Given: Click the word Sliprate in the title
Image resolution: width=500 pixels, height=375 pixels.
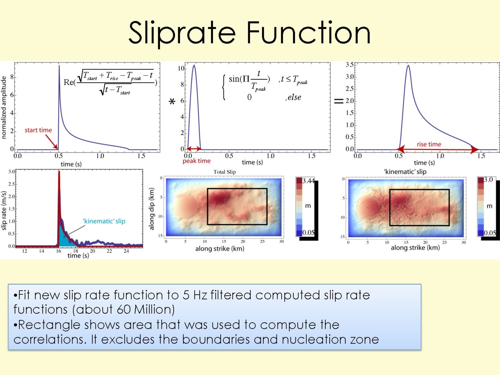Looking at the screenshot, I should (182, 33).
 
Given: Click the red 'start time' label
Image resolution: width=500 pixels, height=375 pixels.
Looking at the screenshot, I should (38, 130).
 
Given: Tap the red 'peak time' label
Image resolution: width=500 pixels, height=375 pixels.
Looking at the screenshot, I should (197, 161).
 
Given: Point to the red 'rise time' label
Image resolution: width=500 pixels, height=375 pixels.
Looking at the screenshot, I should (429, 144).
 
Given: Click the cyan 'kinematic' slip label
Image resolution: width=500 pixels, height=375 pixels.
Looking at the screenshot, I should (104, 221).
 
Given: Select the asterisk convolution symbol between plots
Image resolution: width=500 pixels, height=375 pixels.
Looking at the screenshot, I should (172, 102).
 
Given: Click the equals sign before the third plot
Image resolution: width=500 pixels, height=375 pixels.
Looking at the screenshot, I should (339, 101).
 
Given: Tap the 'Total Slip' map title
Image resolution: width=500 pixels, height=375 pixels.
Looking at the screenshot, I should (224, 172).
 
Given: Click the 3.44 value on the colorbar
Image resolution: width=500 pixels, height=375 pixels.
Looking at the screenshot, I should (308, 181).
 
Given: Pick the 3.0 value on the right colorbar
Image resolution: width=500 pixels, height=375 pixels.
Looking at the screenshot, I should (488, 180).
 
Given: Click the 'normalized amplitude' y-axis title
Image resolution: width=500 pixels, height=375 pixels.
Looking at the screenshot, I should (4, 107).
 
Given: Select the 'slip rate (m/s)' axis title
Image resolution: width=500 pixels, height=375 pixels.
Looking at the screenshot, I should (4, 211).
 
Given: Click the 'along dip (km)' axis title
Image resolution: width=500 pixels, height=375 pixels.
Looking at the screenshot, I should (152, 209).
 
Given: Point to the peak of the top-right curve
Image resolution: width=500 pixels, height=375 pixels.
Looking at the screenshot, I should (408, 66).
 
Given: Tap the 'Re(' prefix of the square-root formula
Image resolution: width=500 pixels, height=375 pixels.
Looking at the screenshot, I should (69, 82).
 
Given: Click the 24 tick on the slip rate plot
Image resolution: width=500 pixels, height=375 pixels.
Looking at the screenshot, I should (126, 251).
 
